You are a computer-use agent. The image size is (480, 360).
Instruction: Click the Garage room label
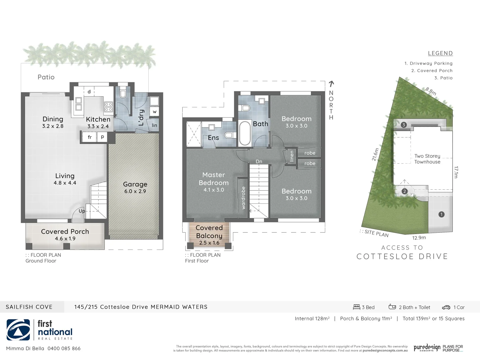135,184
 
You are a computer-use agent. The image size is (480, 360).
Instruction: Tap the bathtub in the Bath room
245,133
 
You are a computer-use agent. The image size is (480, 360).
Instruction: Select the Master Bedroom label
214,179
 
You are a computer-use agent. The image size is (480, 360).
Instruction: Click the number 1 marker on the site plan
441,214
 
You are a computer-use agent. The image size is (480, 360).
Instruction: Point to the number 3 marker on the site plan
404,125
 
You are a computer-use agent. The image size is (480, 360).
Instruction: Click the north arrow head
331,83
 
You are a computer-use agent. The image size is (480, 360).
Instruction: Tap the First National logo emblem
18,330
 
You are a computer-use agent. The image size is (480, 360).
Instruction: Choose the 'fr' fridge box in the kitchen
89,137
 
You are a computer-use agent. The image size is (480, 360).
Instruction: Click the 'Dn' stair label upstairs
259,161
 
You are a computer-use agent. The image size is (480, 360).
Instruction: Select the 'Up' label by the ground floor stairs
82,211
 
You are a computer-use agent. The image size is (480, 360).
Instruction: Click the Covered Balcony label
209,232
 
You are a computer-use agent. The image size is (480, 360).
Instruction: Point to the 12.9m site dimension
419,238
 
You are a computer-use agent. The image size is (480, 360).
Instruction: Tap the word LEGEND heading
440,53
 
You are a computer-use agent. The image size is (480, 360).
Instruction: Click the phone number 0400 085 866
64,348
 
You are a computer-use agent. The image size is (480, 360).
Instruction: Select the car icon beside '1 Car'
446,307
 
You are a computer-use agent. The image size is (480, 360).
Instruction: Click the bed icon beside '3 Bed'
357,307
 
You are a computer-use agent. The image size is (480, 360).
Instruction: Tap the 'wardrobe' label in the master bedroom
243,198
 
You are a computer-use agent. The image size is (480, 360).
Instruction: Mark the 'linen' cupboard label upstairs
292,156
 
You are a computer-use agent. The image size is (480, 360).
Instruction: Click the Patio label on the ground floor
46,77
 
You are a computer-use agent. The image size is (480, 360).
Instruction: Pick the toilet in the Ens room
229,135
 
